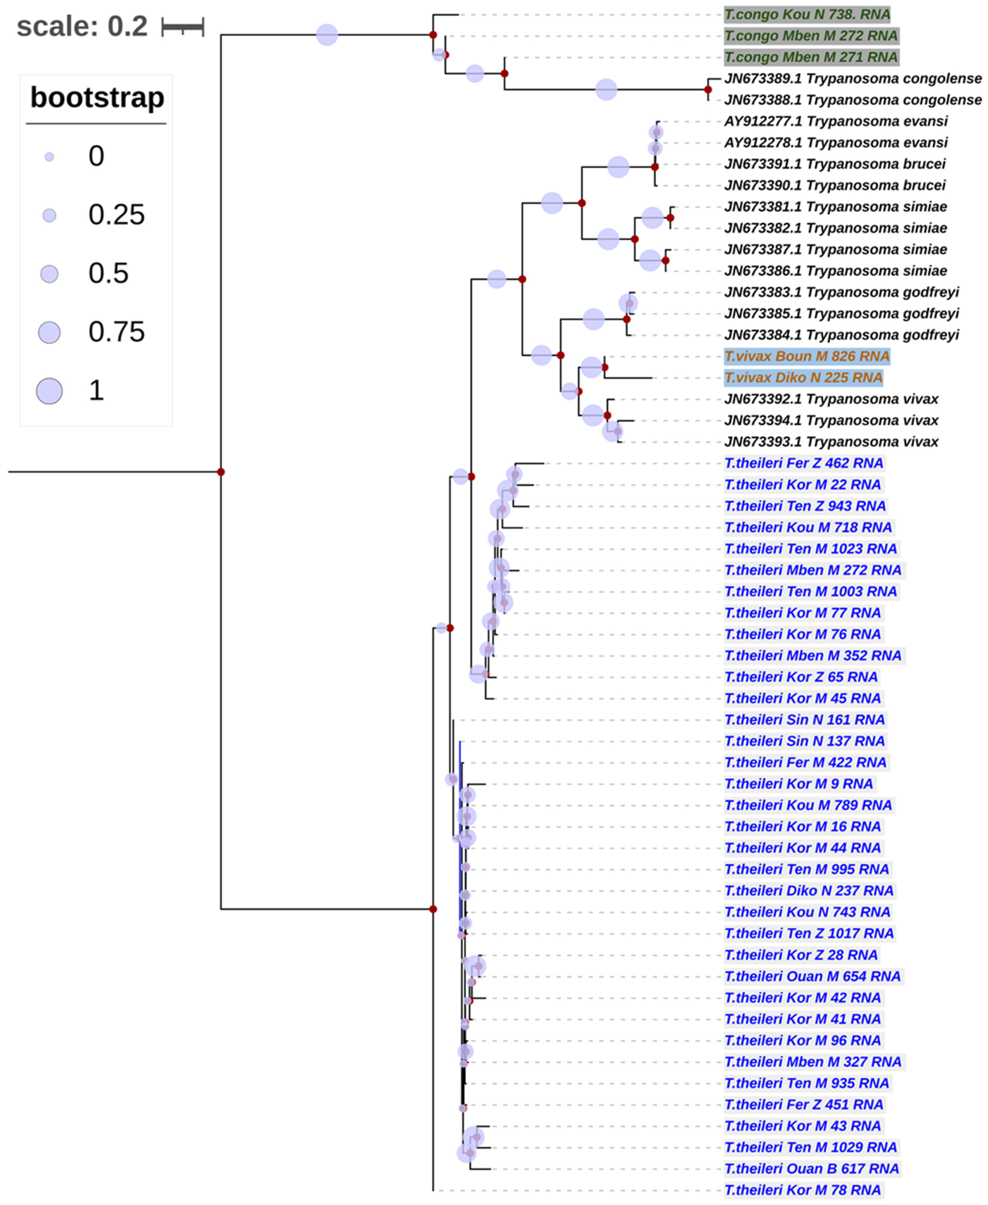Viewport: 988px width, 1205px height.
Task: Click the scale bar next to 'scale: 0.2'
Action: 183,27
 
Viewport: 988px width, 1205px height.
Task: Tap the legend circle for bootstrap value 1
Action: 49,391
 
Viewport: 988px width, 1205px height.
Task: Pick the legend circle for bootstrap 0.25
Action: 49,215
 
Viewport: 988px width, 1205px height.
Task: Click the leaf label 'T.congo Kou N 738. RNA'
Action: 807,14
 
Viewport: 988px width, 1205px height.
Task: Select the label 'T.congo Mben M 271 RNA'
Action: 811,57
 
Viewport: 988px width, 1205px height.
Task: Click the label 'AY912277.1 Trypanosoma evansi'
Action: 836,121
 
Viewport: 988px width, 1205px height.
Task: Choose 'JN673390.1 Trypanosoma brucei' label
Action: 834,186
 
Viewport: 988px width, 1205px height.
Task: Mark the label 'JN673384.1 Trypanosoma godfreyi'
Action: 841,335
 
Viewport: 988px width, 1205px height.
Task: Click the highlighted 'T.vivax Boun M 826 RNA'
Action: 806,356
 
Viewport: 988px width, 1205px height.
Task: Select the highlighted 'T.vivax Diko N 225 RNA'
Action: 803,378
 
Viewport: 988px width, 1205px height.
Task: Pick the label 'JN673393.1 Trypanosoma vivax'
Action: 831,442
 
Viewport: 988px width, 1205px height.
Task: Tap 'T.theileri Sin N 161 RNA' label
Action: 804,720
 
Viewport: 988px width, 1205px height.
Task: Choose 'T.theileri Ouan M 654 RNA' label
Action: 812,976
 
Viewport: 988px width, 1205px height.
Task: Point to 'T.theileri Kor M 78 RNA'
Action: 802,1190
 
